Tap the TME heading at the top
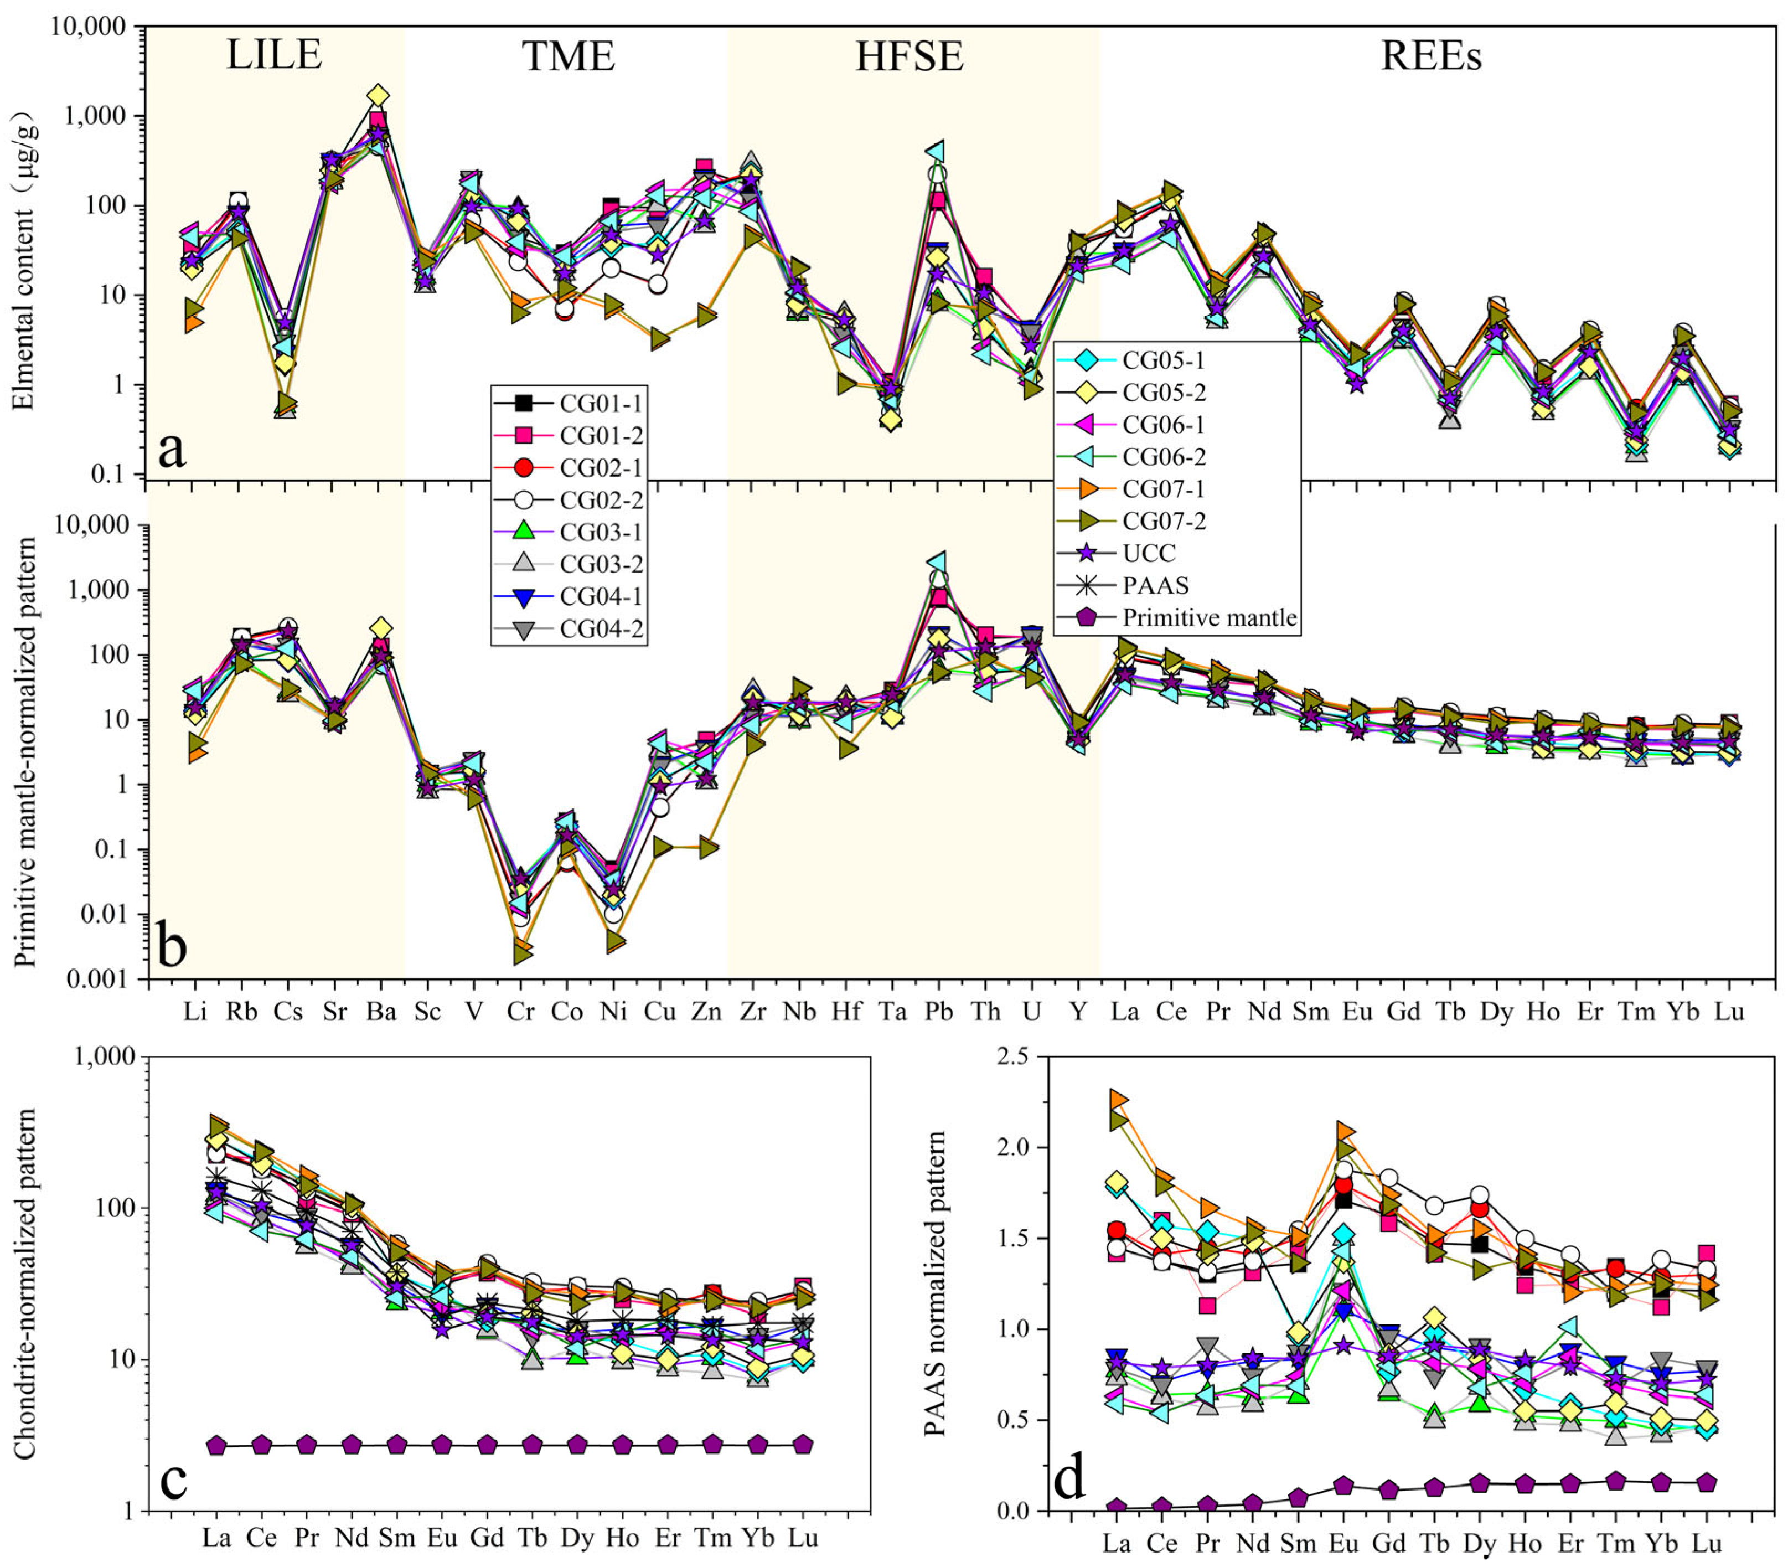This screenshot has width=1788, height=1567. (569, 56)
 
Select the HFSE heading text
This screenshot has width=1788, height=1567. (909, 56)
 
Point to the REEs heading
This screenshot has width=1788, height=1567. (1432, 56)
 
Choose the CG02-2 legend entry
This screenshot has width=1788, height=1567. (569, 500)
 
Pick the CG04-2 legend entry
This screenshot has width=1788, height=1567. (569, 628)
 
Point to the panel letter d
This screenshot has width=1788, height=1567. (1070, 1477)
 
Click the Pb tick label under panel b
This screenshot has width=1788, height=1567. (938, 1012)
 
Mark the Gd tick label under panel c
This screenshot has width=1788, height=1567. (487, 1537)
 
